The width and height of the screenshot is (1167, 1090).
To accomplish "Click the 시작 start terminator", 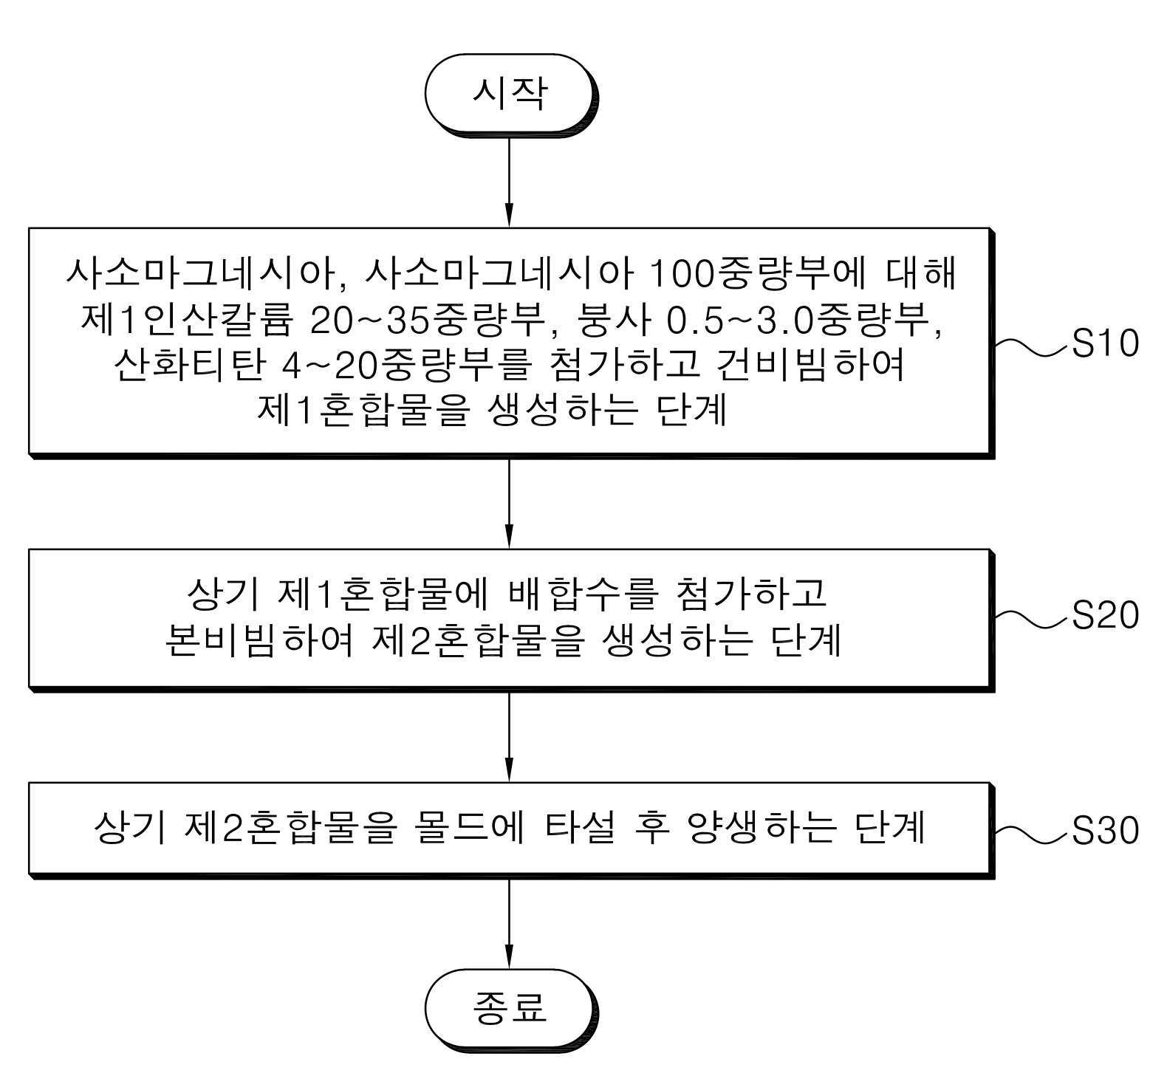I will (510, 95).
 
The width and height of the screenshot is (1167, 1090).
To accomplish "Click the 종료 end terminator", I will (510, 1007).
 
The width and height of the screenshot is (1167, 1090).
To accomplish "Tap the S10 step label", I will (1104, 343).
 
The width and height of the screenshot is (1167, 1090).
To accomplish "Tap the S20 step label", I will (1104, 615).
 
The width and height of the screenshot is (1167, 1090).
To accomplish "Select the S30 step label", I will (1104, 831).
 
